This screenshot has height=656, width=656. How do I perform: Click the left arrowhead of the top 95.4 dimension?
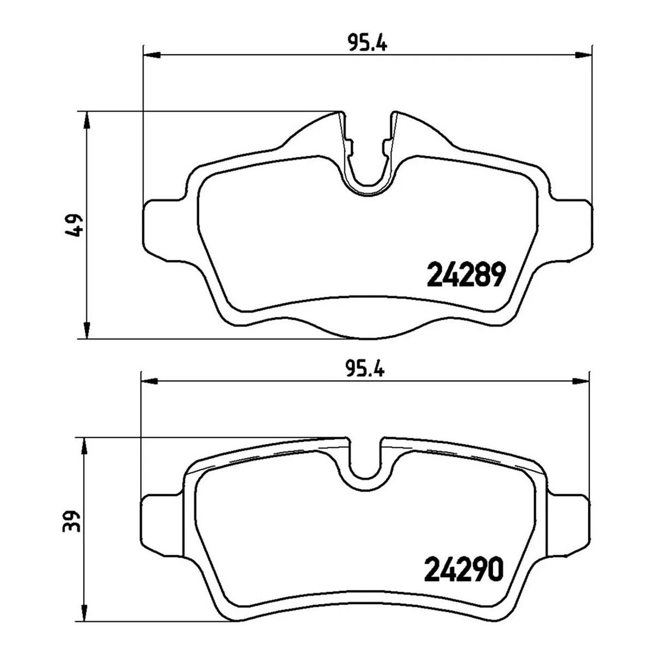152,55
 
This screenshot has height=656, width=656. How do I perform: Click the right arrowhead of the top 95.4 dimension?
583,55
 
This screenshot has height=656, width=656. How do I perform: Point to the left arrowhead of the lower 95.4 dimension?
149,381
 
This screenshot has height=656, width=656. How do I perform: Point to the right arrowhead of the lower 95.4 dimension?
580,381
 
